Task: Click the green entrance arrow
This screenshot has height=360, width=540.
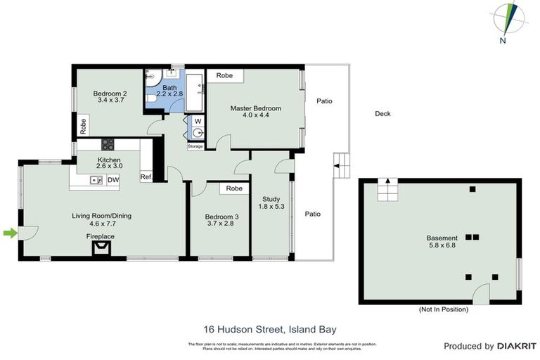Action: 10,233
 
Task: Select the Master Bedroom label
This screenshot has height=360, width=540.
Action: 256,112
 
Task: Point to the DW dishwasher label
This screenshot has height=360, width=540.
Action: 112,181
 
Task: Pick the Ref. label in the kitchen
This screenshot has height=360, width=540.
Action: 146,177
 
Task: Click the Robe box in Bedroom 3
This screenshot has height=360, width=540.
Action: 234,188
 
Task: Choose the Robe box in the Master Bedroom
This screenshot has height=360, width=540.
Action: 225,75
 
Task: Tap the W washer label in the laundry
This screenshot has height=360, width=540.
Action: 198,121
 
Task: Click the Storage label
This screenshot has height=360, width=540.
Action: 195,146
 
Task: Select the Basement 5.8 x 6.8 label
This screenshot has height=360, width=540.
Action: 442,243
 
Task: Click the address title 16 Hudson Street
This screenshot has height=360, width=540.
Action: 269,328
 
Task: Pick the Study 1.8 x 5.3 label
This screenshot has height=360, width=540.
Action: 271,202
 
